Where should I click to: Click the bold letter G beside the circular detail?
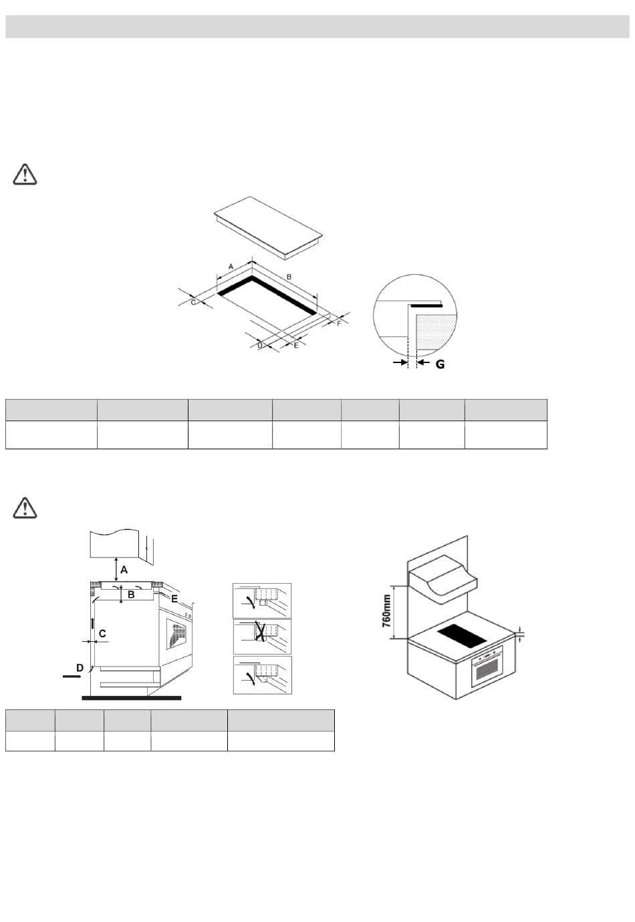(x=439, y=364)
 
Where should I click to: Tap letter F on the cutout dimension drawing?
(x=339, y=324)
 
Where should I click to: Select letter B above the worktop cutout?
(x=289, y=276)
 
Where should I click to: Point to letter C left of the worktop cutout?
(x=194, y=302)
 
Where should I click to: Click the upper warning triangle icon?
(x=25, y=175)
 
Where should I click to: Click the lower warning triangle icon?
(x=25, y=507)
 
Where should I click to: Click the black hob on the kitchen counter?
(x=462, y=635)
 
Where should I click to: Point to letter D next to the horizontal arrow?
(x=80, y=667)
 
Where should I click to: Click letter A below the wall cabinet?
(x=124, y=570)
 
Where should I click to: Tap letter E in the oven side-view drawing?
(x=174, y=599)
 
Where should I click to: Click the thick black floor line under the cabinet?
(x=131, y=698)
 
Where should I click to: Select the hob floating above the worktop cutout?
(x=268, y=227)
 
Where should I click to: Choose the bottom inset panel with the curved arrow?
(x=262, y=674)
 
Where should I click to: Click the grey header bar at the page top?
(x=317, y=27)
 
